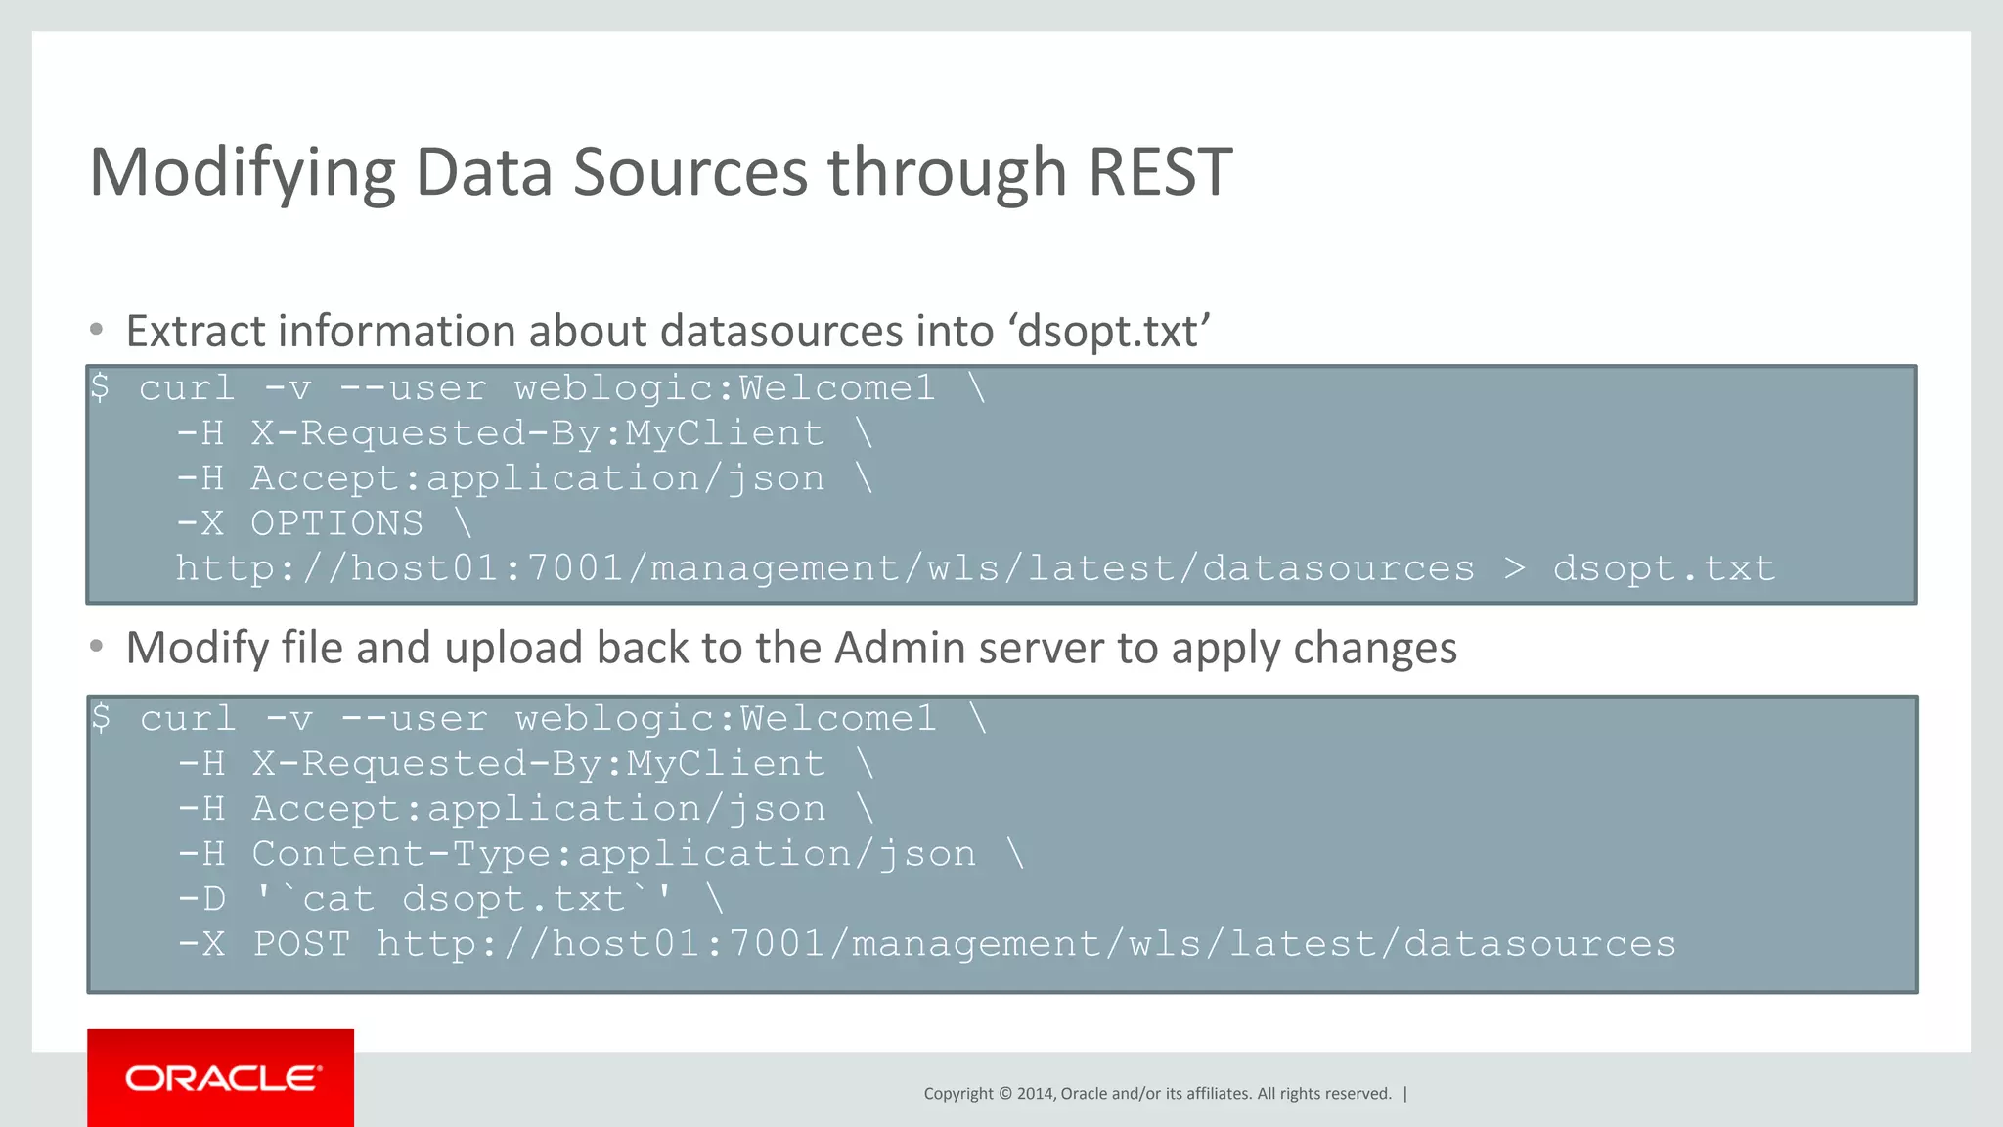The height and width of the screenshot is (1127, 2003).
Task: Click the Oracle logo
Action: pos(221,1078)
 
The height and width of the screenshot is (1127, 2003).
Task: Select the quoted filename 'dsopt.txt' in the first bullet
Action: pos(1111,332)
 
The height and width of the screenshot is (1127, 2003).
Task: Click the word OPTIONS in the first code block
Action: pos(337,523)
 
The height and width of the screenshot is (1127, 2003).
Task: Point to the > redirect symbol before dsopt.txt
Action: pos(1513,568)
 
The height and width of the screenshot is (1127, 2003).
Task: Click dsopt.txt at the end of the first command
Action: pos(1664,568)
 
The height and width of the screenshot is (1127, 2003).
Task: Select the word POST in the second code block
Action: pos(301,944)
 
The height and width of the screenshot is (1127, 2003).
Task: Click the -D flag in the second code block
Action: pos(202,899)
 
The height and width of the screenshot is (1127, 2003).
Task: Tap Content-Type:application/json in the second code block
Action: pos(613,854)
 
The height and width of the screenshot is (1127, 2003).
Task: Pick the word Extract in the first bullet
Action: pos(196,332)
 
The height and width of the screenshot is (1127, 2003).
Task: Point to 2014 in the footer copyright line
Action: pos(1035,1094)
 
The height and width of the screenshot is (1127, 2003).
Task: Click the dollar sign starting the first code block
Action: pos(99,387)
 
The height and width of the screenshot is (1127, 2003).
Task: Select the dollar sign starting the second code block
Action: pos(101,718)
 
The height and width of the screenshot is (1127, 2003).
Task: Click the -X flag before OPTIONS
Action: pos(201,523)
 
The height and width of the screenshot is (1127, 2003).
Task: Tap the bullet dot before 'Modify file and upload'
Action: pos(96,646)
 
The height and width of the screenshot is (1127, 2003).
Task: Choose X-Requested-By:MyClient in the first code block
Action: pos(537,433)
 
